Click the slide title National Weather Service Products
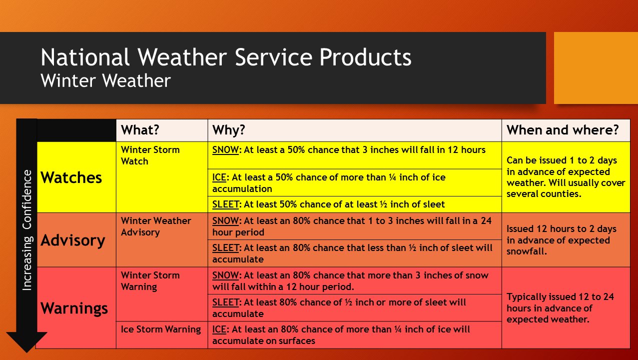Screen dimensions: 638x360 pyautogui.click(x=226, y=57)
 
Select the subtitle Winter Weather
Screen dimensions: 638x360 pyautogui.click(x=106, y=80)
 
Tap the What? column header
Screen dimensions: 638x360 pyautogui.click(x=140, y=130)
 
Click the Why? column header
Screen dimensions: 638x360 pyautogui.click(x=228, y=130)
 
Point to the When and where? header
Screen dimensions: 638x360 pyautogui.click(x=563, y=130)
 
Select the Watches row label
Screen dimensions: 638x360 pyautogui.click(x=71, y=177)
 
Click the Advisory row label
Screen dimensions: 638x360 pyautogui.click(x=73, y=240)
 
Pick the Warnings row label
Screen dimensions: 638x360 pyautogui.click(x=74, y=308)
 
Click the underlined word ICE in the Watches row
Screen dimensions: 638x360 pyautogui.click(x=219, y=177)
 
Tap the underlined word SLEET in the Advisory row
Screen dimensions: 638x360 pyautogui.click(x=225, y=247)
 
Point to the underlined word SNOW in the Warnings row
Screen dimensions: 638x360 pyautogui.click(x=225, y=275)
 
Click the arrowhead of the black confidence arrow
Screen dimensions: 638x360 pyautogui.click(x=27, y=342)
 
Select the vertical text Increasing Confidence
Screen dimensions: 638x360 pyautogui.click(x=27, y=230)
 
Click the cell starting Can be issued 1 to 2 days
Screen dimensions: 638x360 pyautogui.click(x=566, y=177)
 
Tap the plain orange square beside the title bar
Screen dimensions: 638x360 pyautogui.click(x=596, y=68)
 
